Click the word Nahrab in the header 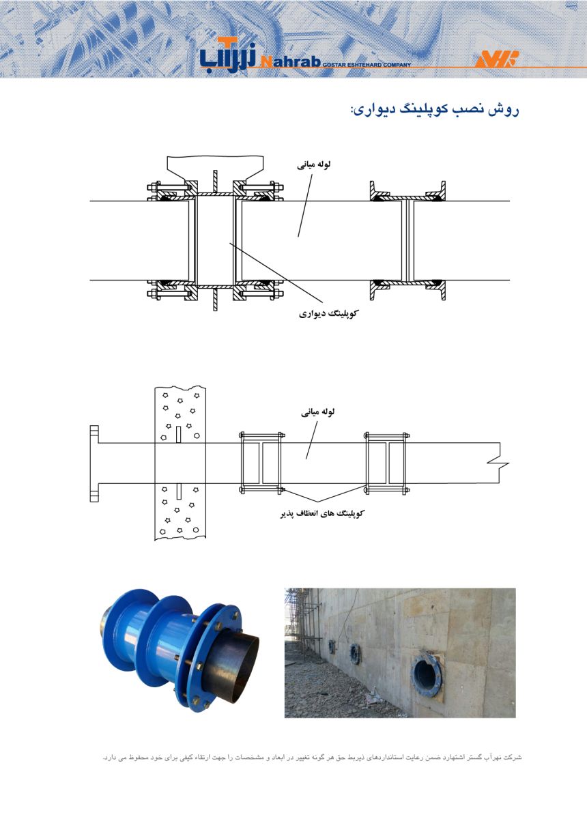pyautogui.click(x=290, y=61)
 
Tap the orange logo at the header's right pyautogui.click(x=497, y=59)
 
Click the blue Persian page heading pyautogui.click(x=435, y=110)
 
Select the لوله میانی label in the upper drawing pyautogui.click(x=313, y=165)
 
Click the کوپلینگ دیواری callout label pyautogui.click(x=328, y=313)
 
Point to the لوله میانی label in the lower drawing pyautogui.click(x=317, y=412)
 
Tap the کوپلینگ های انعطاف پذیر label pyautogui.click(x=323, y=514)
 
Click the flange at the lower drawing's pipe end pyautogui.click(x=94, y=463)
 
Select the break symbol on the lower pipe pyautogui.click(x=498, y=463)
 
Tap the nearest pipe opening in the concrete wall pyautogui.click(x=426, y=672)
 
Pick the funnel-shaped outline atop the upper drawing pyautogui.click(x=215, y=168)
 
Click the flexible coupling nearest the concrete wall pyautogui.click(x=261, y=463)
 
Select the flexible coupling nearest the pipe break pyautogui.click(x=386, y=463)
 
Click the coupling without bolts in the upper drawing pyautogui.click(x=407, y=240)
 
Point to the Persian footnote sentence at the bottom pyautogui.click(x=312, y=757)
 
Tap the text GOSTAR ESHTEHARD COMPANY pyautogui.click(x=367, y=65)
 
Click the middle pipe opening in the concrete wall pyautogui.click(x=356, y=655)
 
